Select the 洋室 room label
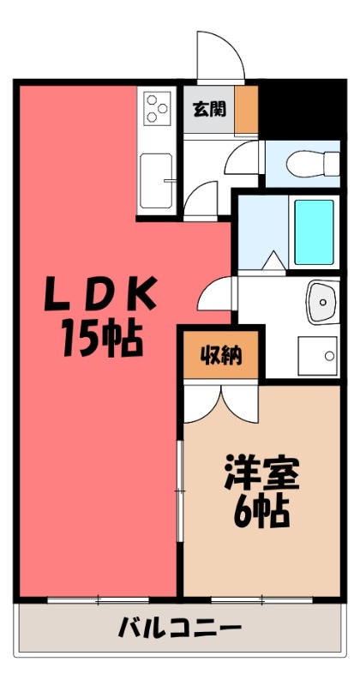click(x=261, y=472)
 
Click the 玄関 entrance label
click(x=209, y=109)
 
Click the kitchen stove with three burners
click(x=156, y=109)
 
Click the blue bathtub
click(x=314, y=232)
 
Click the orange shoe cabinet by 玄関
click(x=246, y=109)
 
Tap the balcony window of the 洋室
click(x=249, y=599)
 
